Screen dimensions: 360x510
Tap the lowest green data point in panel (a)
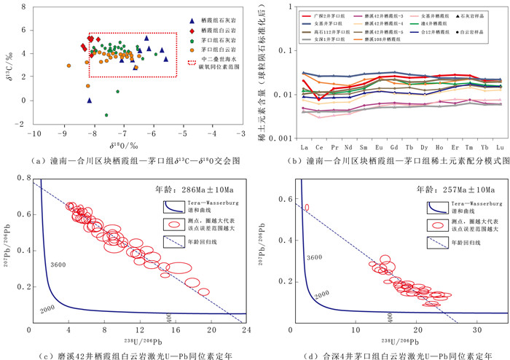tap(106, 115)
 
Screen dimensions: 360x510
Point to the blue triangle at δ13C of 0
tap(89, 101)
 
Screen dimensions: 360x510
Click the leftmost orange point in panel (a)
tap(68, 66)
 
